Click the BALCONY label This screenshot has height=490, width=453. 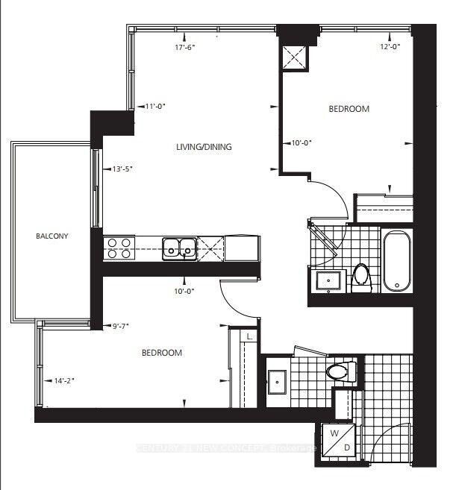point(52,236)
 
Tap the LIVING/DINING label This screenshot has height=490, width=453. point(204,147)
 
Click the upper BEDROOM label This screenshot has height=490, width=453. point(349,109)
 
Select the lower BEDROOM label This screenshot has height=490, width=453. point(162,353)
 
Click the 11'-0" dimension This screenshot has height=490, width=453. point(154,106)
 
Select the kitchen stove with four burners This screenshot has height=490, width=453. point(118,247)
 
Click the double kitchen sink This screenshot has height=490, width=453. point(180,246)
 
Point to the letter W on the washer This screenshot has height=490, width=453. point(335,433)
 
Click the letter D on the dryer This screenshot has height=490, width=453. point(346,447)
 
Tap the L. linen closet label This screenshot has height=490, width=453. point(249,337)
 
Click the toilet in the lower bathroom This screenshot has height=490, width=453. point(338,371)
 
